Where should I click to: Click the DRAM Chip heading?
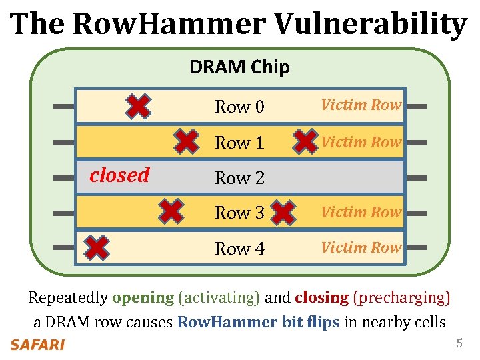click(239, 67)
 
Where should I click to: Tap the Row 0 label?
click(239, 107)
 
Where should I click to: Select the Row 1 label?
click(239, 143)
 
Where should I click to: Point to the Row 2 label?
click(239, 178)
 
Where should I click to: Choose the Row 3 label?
click(239, 213)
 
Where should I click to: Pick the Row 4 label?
click(239, 249)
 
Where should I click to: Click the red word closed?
click(119, 175)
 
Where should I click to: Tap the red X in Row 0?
click(138, 106)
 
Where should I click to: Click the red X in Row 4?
click(97, 247)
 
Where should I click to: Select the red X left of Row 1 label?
click(186, 141)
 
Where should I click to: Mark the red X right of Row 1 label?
click(305, 141)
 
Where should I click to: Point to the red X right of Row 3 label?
click(283, 213)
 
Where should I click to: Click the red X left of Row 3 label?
click(172, 211)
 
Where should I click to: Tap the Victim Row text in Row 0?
click(361, 105)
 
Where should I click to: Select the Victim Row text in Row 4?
click(361, 247)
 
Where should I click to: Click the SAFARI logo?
click(37, 345)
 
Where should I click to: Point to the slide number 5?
click(459, 344)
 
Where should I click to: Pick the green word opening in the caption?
click(143, 297)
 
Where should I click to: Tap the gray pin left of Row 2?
click(63, 178)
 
